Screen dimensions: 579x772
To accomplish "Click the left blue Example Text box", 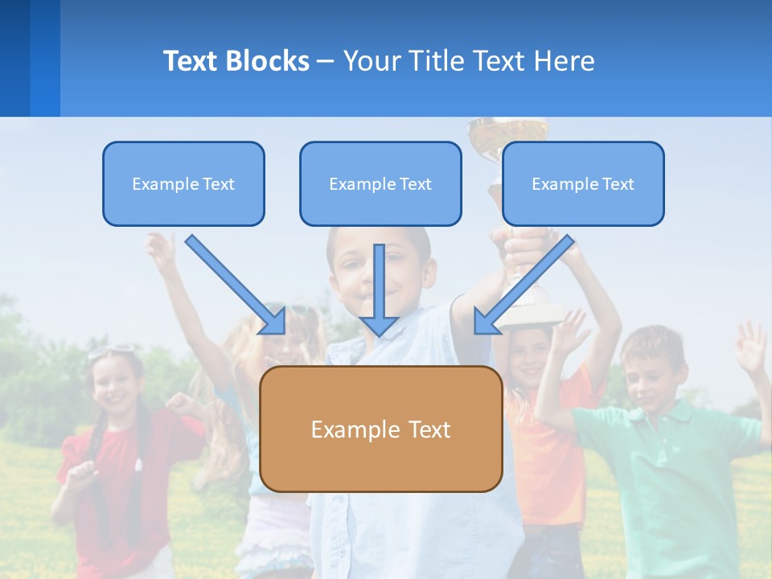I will (x=183, y=184).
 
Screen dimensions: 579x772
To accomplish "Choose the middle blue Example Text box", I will (x=380, y=184).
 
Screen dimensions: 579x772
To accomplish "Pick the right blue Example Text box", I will (x=583, y=184).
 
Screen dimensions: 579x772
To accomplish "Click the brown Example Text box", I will (x=380, y=429).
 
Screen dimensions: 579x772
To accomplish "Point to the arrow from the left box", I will (x=237, y=285).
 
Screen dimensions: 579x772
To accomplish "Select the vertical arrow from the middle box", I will (x=379, y=289).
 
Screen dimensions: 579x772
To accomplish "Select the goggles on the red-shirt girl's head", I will (x=113, y=351).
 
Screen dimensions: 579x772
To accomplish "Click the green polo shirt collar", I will (x=643, y=414).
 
